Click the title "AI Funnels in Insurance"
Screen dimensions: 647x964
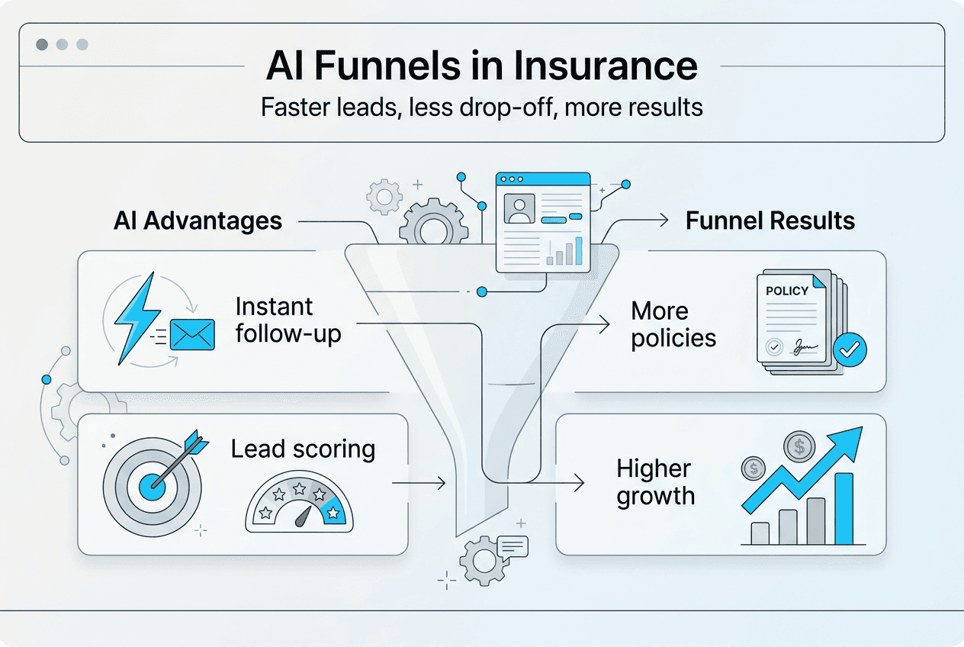(x=481, y=66)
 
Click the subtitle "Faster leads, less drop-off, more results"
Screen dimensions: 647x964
(x=481, y=107)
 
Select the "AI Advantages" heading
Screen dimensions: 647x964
(x=198, y=221)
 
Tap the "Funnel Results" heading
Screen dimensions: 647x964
(x=770, y=221)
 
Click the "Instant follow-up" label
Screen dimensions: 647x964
(x=288, y=320)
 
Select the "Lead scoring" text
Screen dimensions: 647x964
(x=303, y=449)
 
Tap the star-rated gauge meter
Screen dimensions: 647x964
(x=300, y=505)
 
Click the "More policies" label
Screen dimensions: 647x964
(x=673, y=324)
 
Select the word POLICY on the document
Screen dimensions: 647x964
(x=786, y=291)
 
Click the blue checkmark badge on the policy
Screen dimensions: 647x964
(x=850, y=350)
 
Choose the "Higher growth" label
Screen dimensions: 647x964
(x=655, y=482)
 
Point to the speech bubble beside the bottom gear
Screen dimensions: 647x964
(x=512, y=547)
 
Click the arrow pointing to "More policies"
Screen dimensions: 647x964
(x=602, y=325)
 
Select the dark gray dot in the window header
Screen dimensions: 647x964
(x=43, y=44)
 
